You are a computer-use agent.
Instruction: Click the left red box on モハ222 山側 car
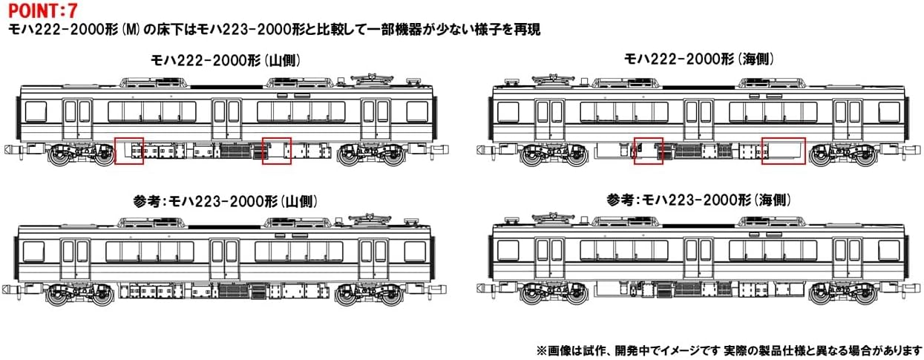(129, 151)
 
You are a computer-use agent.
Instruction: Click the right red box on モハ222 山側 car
(277, 151)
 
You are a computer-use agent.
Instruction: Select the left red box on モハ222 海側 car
(648, 151)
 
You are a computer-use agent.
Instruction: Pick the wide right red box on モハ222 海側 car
(783, 151)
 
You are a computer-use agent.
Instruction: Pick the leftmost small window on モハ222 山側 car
(36, 112)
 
